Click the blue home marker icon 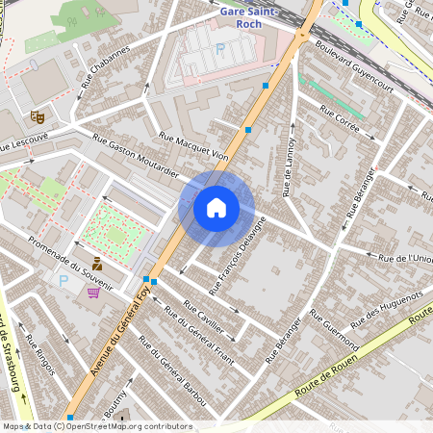pyautogui.click(x=216, y=207)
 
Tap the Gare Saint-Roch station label pyautogui.click(x=249, y=16)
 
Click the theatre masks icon pyautogui.click(x=38, y=116)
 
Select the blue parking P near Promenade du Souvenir pyautogui.click(x=64, y=281)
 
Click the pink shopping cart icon pyautogui.click(x=94, y=293)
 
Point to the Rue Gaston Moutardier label pyautogui.click(x=136, y=157)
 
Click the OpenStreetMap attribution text pyautogui.click(x=96, y=426)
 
